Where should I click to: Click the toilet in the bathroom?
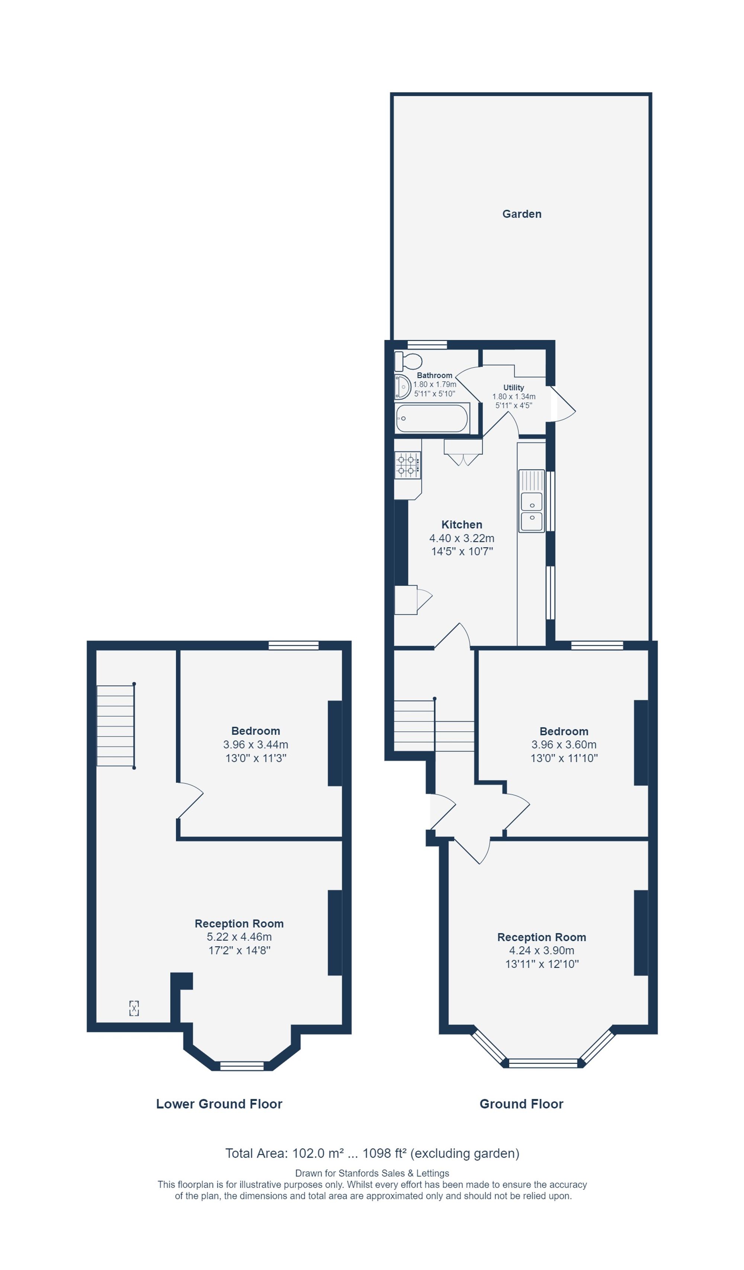point(408,361)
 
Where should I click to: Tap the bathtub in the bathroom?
point(432,418)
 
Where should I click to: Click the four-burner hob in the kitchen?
point(408,465)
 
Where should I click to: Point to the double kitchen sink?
point(531,501)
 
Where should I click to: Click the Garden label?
point(522,214)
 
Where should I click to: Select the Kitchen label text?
point(462,525)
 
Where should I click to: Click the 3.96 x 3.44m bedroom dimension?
point(256,744)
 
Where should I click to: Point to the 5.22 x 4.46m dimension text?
point(239,937)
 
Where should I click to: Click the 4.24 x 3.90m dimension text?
point(541,950)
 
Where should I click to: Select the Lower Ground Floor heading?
point(219,1104)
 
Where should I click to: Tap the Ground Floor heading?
point(521,1104)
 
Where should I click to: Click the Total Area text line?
point(372,1153)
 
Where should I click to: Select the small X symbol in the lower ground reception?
point(134,1008)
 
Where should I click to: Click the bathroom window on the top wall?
point(427,345)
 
